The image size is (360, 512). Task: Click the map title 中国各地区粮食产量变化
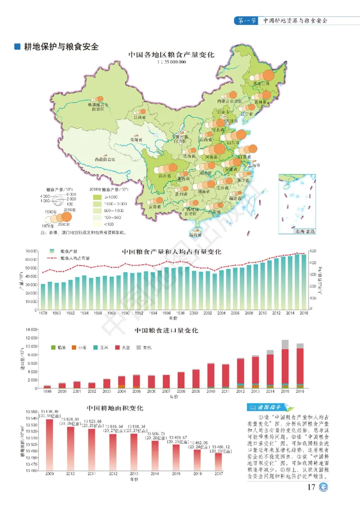click(171, 55)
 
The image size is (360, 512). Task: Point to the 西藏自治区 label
click(105, 160)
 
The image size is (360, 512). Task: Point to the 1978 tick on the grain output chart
click(43, 313)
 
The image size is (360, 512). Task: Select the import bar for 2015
click(285, 364)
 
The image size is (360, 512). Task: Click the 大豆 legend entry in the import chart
click(123, 347)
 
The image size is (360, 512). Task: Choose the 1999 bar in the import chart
click(47, 386)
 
